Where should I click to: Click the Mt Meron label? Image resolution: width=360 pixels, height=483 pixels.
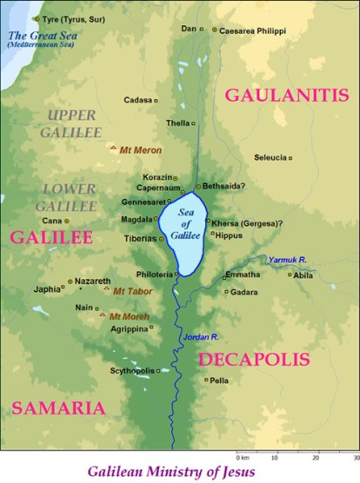pyautogui.click(x=141, y=150)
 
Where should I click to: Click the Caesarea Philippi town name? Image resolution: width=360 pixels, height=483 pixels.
pyautogui.click(x=252, y=29)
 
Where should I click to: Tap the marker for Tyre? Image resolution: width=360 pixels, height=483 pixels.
pyautogui.click(x=36, y=18)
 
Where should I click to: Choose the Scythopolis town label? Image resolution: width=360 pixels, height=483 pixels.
pyautogui.click(x=131, y=371)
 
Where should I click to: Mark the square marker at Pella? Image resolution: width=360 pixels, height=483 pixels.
pyautogui.click(x=205, y=380)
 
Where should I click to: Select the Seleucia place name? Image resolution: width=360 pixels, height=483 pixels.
pyautogui.click(x=270, y=157)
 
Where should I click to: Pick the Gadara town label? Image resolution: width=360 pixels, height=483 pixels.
pyautogui.click(x=244, y=292)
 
